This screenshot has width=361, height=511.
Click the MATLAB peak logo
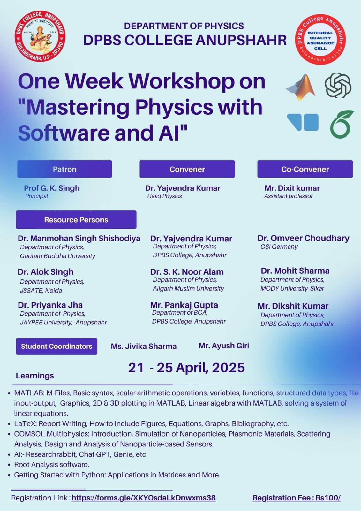pos(301,87)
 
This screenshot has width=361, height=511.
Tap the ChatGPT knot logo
pos(338,86)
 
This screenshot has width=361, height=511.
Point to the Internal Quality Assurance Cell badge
pos(320,40)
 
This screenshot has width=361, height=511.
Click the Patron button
pos(64,169)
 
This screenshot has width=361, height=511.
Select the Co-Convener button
pos(305,169)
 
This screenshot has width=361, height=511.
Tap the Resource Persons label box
pos(76,220)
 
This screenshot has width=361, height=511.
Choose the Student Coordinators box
pos(56,346)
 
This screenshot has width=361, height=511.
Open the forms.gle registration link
pos(144,498)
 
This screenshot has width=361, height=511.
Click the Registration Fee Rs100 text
pos(297,498)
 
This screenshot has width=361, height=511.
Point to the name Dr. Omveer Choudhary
pos(303,238)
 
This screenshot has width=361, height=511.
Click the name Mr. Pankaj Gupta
pos(184,305)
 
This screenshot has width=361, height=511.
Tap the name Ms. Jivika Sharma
pos(144,346)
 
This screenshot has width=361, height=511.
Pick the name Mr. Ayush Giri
pos(224,346)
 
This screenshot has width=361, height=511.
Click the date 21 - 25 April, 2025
pos(186,368)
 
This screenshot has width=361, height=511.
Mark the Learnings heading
pos(35,376)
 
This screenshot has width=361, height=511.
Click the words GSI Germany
pos(279,247)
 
